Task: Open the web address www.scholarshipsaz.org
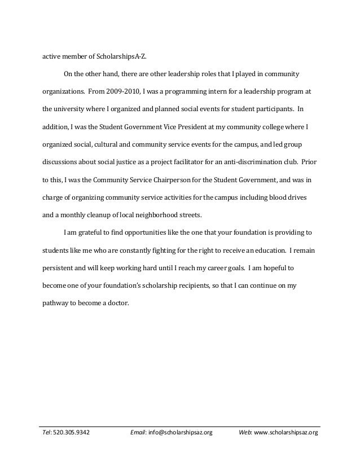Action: [x=286, y=433]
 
